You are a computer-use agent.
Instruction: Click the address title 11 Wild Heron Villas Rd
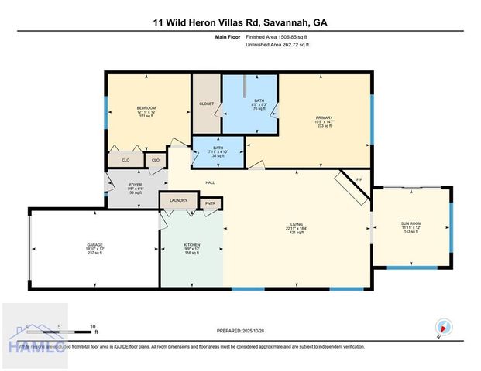point(240,22)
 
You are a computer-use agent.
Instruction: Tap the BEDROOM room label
point(146,107)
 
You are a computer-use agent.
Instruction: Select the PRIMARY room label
point(324,118)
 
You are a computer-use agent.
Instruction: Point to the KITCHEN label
point(191,244)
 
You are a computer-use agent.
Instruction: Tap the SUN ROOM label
point(410,224)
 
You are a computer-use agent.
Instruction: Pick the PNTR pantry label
point(210,203)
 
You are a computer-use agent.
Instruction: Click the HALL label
point(210,182)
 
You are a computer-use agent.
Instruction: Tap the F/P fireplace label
point(359,179)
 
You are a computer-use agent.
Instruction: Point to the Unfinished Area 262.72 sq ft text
point(277,45)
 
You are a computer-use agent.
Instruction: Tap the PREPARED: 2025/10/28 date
point(239,330)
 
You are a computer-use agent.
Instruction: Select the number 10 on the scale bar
point(94,327)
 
